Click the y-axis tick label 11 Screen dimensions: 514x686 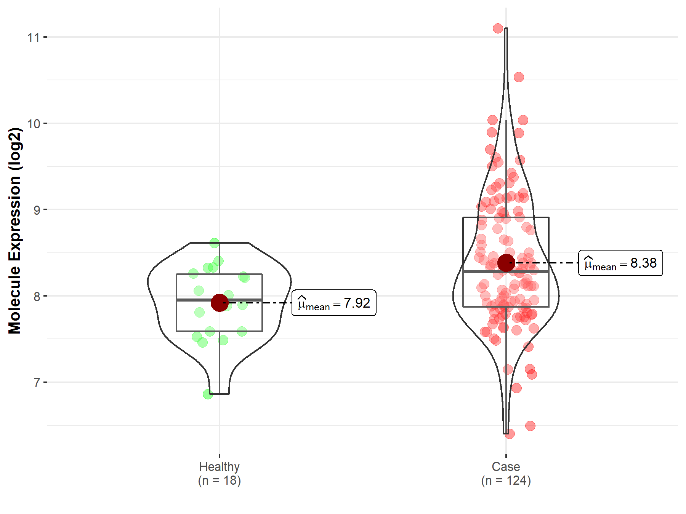34,37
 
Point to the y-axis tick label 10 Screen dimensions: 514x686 34,124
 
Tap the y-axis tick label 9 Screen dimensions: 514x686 37,210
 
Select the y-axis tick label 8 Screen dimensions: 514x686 37,296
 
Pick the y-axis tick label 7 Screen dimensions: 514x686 37,383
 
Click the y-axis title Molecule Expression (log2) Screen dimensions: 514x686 14,231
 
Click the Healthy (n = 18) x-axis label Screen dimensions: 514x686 220,473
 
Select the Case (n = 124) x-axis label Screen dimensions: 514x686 506,473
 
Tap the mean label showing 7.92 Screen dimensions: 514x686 334,303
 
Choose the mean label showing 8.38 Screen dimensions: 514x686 620,263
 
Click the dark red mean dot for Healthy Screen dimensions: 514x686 220,303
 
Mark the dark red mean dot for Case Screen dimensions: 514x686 506,263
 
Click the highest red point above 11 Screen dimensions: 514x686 498,28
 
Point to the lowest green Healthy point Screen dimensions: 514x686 208,394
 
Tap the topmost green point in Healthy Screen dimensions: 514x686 214,243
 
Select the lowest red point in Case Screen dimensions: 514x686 510,434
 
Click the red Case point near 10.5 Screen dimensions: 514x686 519,77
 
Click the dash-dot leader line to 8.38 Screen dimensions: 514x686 549,263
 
